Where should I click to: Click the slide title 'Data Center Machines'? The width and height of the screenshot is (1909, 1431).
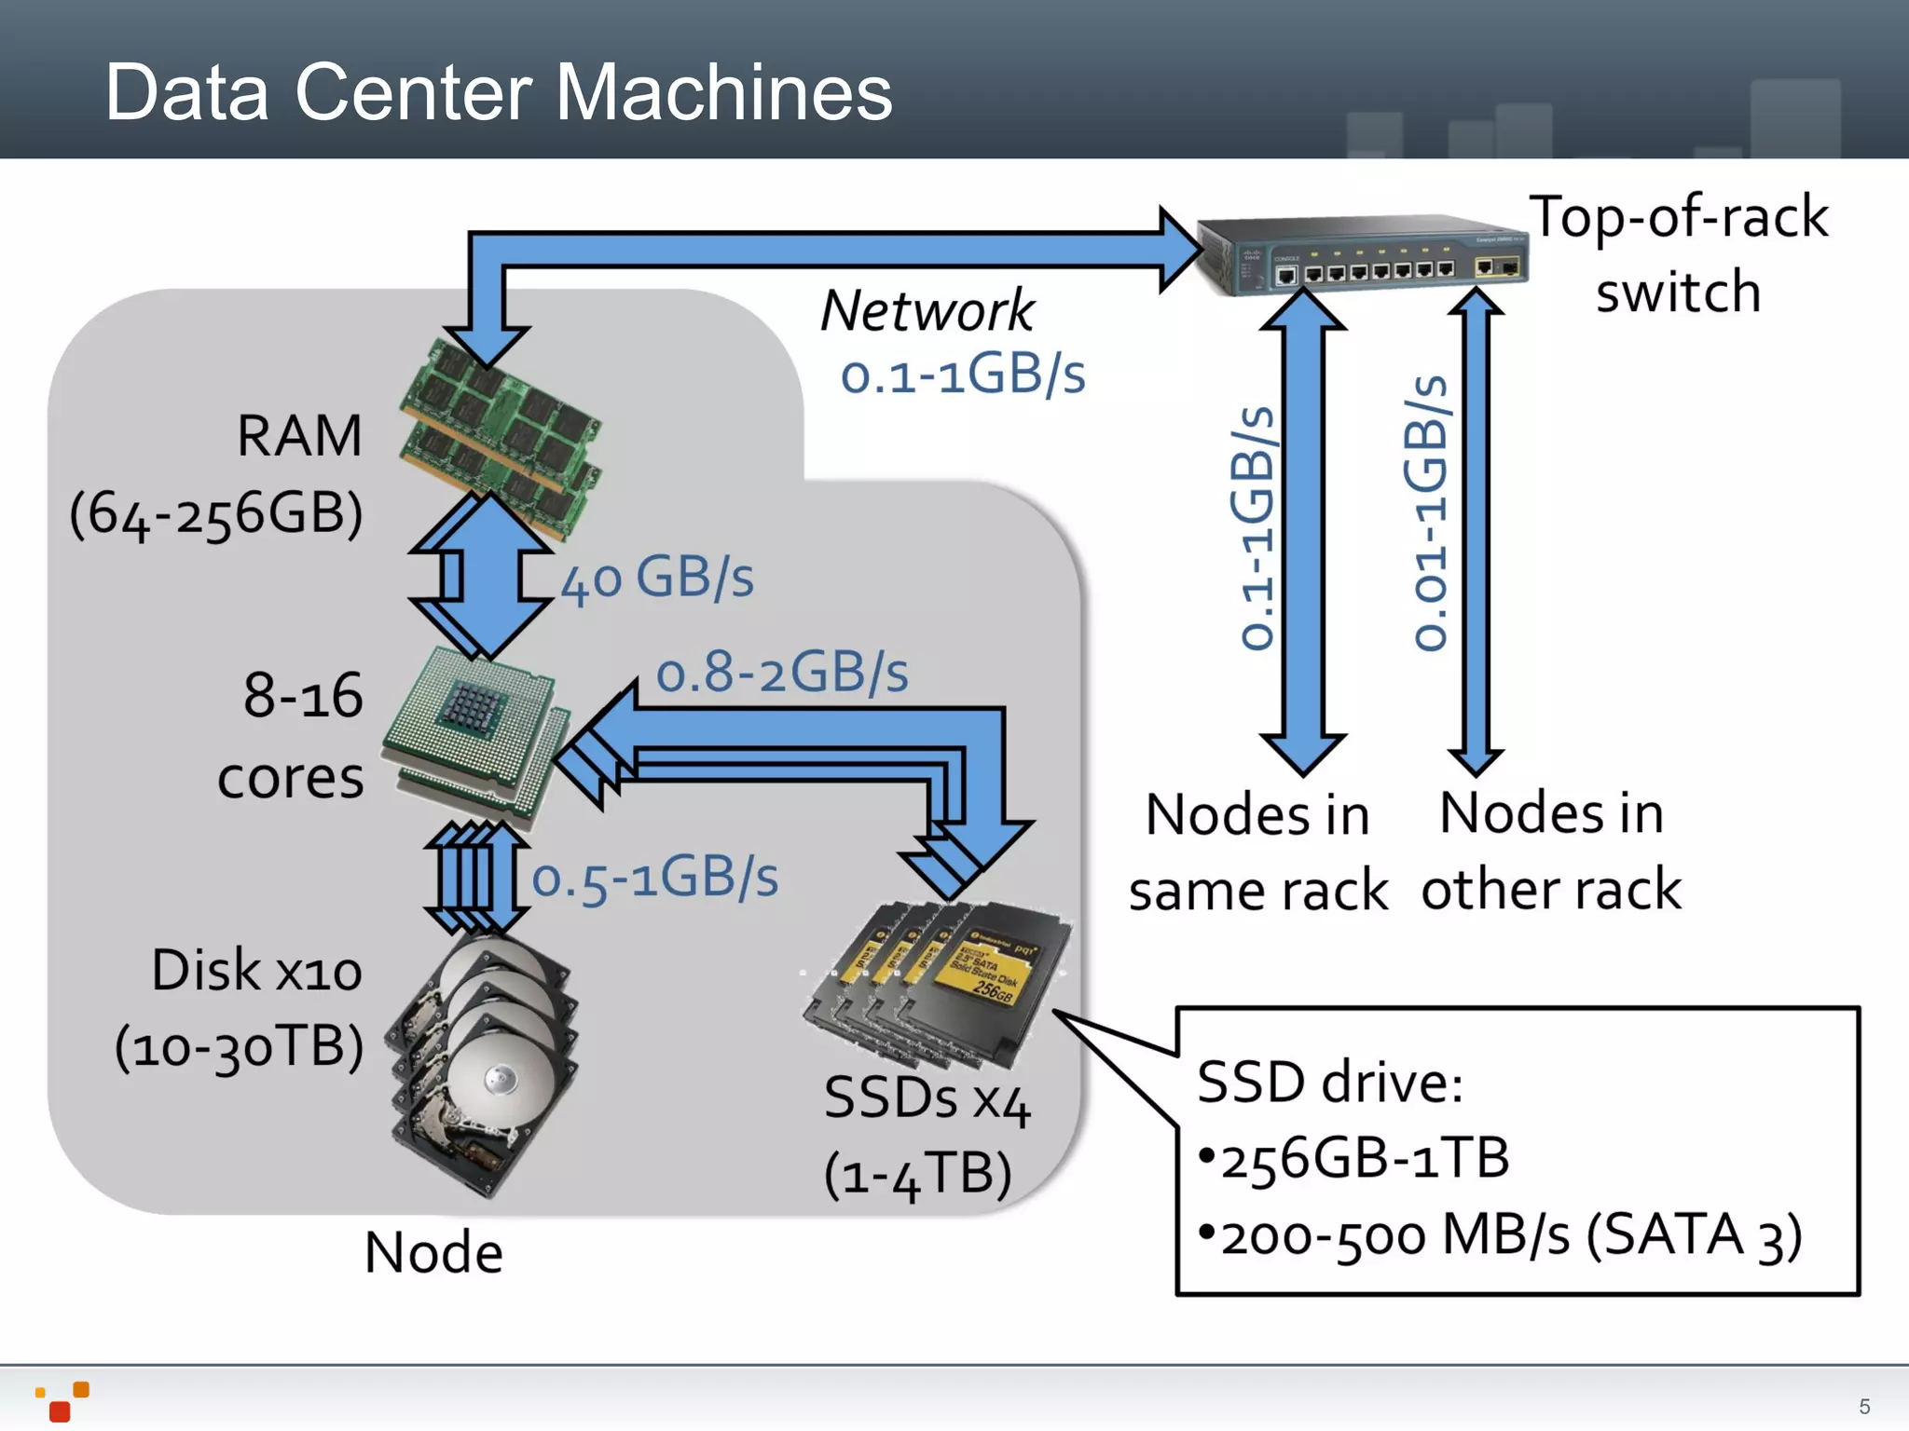pos(499,92)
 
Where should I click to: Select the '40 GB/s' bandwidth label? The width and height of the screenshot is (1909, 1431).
pos(658,578)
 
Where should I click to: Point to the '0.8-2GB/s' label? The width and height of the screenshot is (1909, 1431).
pos(781,673)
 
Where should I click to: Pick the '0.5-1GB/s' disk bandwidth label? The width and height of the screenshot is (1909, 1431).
pos(654,878)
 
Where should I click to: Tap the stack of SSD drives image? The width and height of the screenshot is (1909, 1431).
pos(937,983)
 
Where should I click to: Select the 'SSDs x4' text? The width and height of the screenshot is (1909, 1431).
pos(927,1099)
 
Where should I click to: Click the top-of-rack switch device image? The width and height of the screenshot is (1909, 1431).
pos(1361,256)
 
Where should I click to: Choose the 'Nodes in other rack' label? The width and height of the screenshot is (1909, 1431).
pos(1552,851)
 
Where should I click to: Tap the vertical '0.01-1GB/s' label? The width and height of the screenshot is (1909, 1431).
pos(1429,512)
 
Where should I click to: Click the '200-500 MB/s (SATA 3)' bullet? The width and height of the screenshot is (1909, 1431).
pos(1510,1235)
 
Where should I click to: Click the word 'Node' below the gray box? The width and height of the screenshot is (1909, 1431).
pos(433,1253)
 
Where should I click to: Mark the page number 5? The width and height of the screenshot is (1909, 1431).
pos(1864,1406)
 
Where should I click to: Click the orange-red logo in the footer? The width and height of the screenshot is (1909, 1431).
pos(63,1401)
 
